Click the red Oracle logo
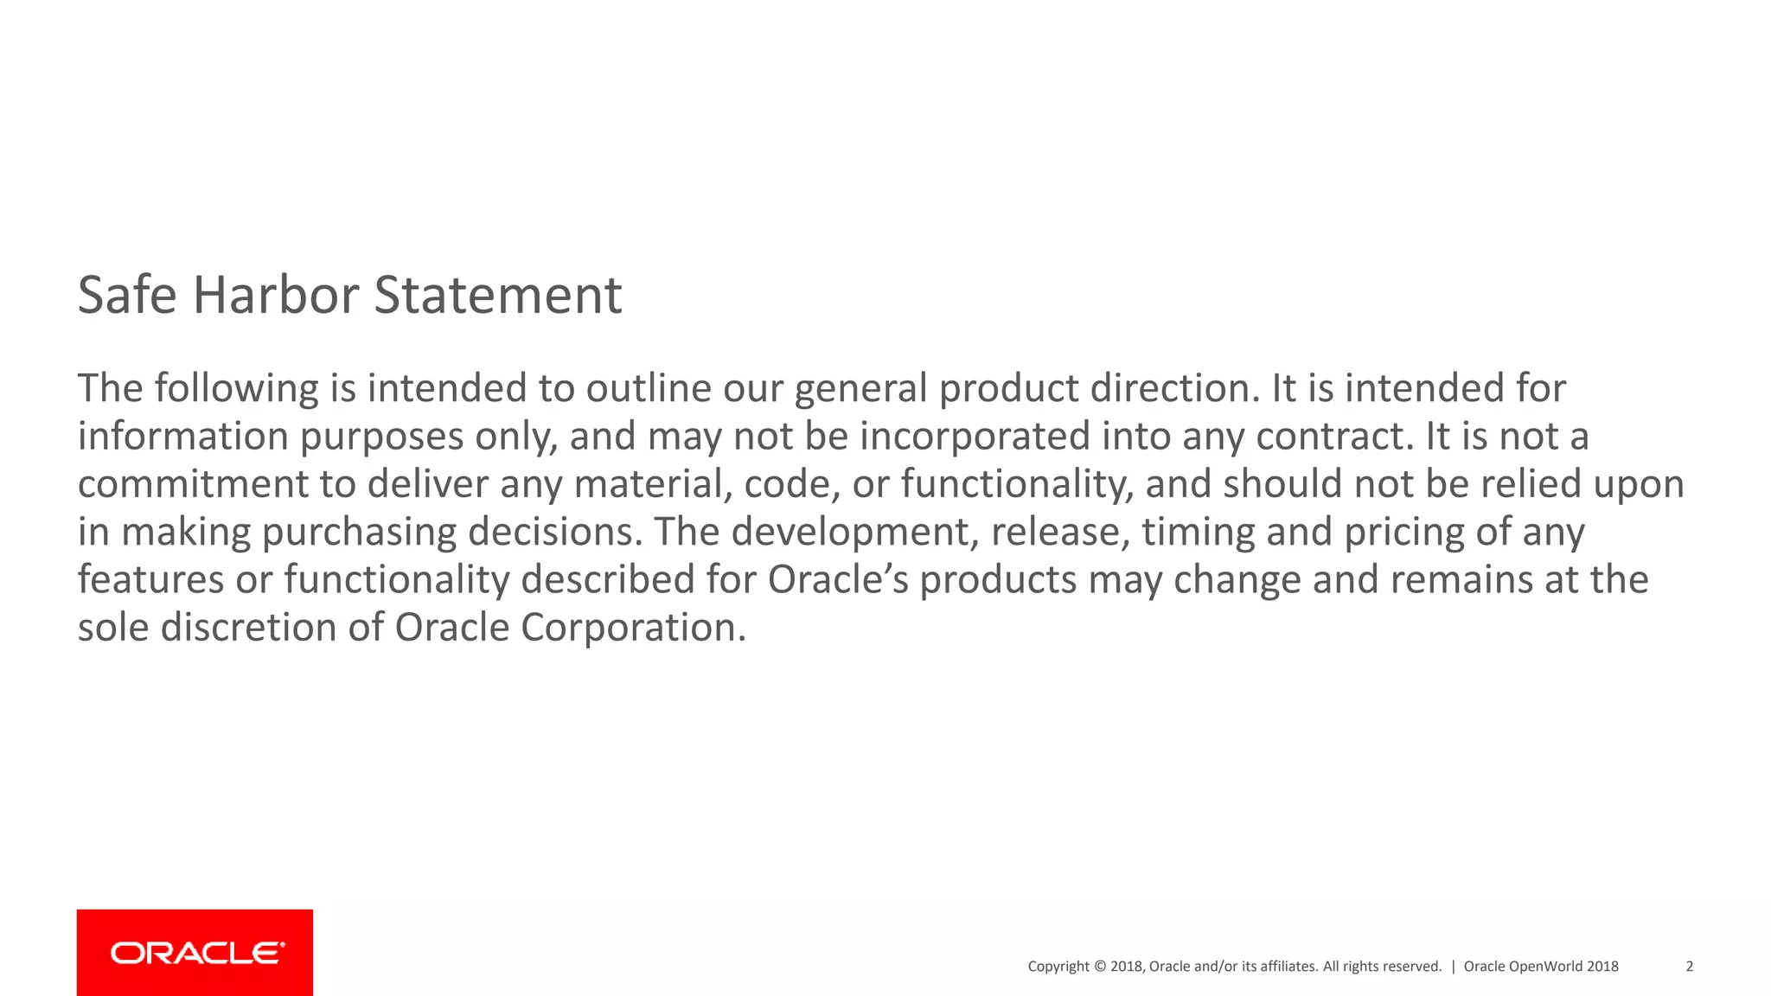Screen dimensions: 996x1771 click(195, 952)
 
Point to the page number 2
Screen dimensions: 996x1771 click(1689, 967)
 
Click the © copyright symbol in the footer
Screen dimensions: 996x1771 click(1100, 967)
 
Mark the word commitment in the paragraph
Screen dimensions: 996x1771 click(193, 484)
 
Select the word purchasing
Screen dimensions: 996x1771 click(359, 532)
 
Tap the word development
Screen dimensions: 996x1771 click(855, 532)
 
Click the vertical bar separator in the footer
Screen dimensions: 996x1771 click(1453, 967)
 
